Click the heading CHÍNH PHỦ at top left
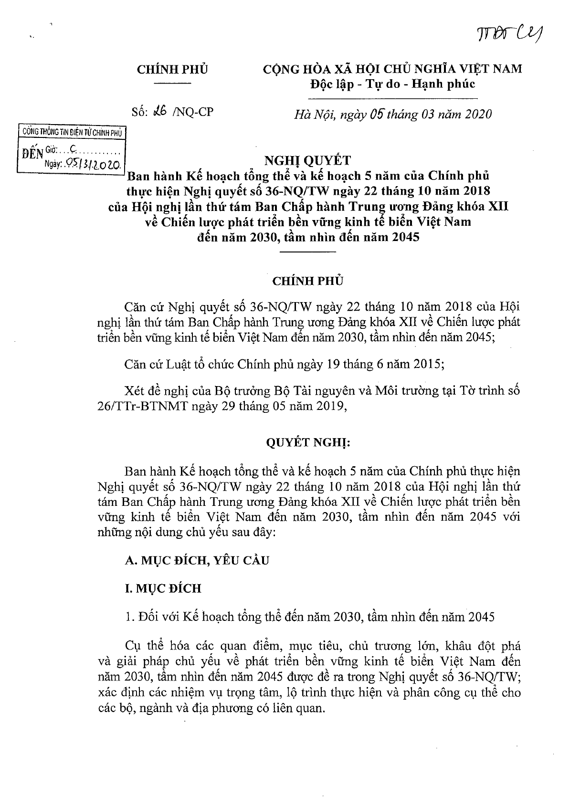click(172, 69)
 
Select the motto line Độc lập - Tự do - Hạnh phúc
click(392, 84)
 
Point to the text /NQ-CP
click(193, 113)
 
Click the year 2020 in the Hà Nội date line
click(476, 115)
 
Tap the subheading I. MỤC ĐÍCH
click(162, 588)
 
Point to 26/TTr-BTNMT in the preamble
click(159, 407)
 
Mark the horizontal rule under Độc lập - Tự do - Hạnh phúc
click(392, 99)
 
